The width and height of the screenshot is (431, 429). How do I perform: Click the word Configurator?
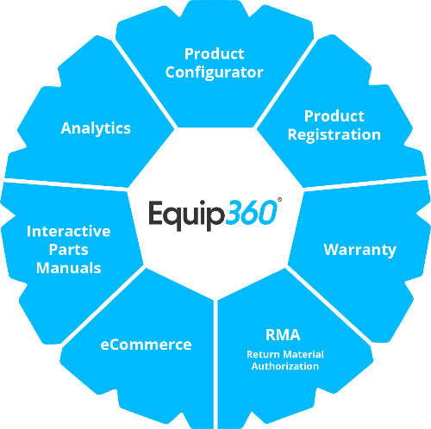pos(214,73)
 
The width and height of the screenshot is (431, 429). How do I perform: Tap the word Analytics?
pos(96,128)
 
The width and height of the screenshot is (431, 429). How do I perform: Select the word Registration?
pos(334,135)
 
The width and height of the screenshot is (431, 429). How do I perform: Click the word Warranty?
pos(360,250)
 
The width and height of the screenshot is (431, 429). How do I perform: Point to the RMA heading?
pos(283,335)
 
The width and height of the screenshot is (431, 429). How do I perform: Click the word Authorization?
pos(285,366)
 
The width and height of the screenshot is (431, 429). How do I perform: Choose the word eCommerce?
pos(146,345)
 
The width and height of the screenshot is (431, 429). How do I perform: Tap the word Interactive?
pos(68,231)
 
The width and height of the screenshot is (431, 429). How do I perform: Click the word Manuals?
pos(69,268)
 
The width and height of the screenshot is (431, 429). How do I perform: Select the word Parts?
pos(68,250)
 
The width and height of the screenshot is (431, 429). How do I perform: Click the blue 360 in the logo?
pos(251,213)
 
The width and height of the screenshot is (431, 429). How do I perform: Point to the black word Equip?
pos(186,215)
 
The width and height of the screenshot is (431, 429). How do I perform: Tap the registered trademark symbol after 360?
pos(279,199)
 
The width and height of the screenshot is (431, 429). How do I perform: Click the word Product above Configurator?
pos(215,53)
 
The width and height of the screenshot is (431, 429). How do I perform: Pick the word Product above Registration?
pos(334,116)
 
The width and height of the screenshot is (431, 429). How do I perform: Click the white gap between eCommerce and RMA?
pos(215,364)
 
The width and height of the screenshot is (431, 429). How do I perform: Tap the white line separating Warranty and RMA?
pos(330,305)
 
